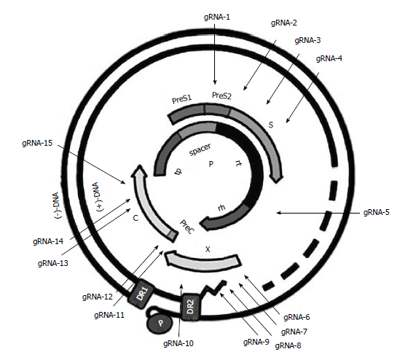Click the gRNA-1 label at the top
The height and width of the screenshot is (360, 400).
click(x=217, y=17)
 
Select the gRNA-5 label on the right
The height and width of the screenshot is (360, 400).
click(x=376, y=212)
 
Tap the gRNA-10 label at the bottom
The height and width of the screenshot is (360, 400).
click(x=179, y=343)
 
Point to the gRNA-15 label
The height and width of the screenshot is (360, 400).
click(x=37, y=143)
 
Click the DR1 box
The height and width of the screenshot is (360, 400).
click(x=141, y=294)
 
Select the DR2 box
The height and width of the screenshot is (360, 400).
click(x=191, y=307)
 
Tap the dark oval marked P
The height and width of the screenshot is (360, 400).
click(x=160, y=323)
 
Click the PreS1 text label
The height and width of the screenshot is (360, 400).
click(x=181, y=99)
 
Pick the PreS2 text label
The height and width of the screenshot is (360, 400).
click(x=221, y=95)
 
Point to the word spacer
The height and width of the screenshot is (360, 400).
click(x=200, y=149)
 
